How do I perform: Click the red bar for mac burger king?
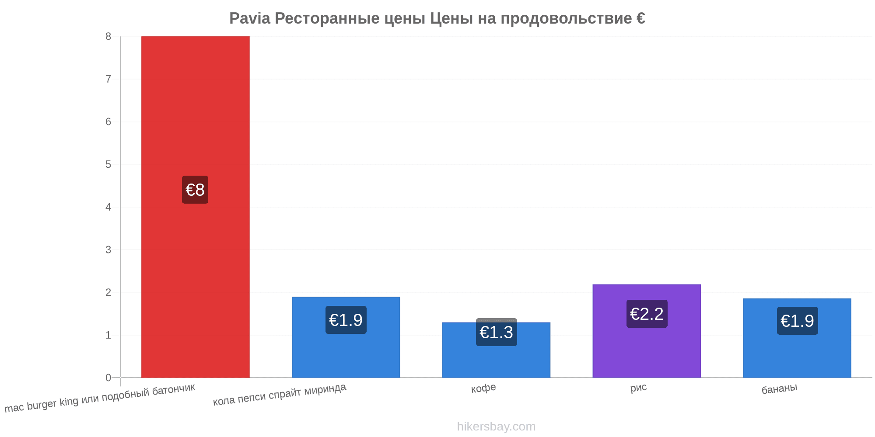click(x=195, y=207)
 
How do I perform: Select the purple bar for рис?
click(x=647, y=331)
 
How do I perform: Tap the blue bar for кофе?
click(x=496, y=350)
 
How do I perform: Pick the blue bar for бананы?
click(x=797, y=338)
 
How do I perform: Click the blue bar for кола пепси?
click(x=346, y=337)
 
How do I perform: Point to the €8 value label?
click(x=195, y=190)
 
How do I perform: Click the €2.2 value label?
click(x=647, y=314)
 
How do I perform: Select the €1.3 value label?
click(x=496, y=332)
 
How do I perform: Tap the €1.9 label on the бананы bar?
click(x=797, y=321)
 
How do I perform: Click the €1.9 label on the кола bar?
click(x=346, y=320)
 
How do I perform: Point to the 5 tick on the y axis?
click(x=108, y=164)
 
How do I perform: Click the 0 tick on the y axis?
click(x=108, y=378)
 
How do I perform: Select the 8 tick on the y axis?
click(x=108, y=36)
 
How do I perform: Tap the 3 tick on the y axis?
click(x=108, y=250)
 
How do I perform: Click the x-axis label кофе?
click(x=483, y=388)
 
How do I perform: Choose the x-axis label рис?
click(x=638, y=388)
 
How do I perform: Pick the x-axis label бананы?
click(x=779, y=388)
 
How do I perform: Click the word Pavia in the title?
click(x=250, y=18)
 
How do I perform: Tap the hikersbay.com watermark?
click(x=496, y=426)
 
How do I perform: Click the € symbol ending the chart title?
click(x=640, y=18)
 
